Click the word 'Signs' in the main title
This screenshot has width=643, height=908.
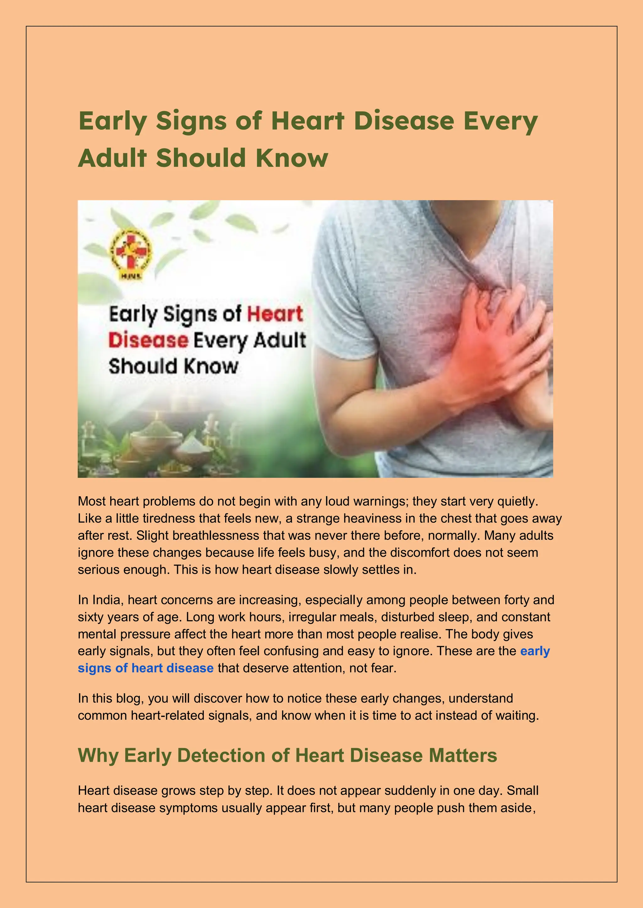(x=191, y=121)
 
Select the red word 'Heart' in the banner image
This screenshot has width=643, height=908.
(x=275, y=314)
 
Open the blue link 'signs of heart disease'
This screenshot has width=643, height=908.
(x=145, y=668)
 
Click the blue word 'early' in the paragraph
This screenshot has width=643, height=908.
(x=535, y=651)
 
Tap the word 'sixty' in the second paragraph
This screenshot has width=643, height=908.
(x=91, y=617)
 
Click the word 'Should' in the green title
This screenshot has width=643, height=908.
(x=201, y=158)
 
